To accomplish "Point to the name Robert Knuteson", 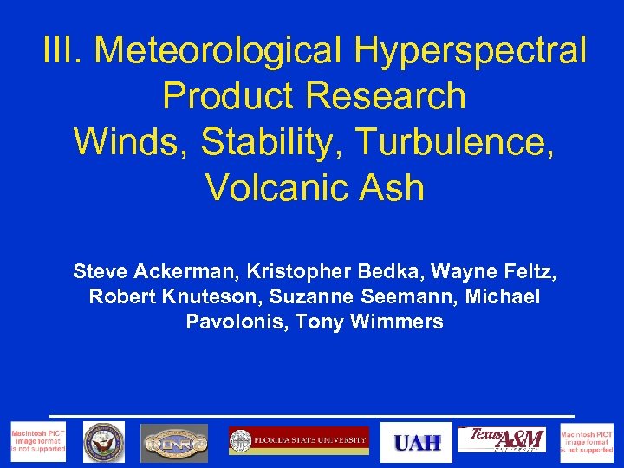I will [x=175, y=297].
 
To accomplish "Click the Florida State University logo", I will [x=298, y=441].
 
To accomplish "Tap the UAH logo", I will [x=417, y=443].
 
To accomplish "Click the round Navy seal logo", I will [x=103, y=443].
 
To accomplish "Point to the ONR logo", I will [x=174, y=443].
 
